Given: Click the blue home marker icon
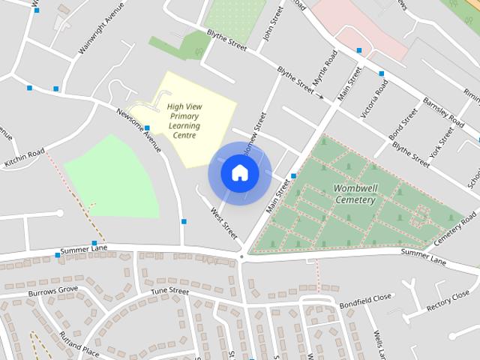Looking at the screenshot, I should point(239,173).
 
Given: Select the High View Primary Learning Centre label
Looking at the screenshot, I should point(184,121).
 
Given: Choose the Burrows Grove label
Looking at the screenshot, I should point(53,289).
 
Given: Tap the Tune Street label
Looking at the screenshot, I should point(169,291).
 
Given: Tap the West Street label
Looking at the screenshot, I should point(223,225).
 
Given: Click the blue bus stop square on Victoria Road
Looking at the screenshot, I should point(381,73).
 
